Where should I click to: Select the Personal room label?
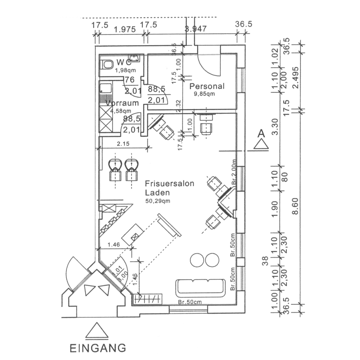[207, 86]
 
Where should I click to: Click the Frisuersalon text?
[169, 184]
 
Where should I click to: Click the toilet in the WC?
[107, 64]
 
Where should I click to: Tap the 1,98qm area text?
[126, 70]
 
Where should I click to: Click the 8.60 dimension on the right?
[296, 206]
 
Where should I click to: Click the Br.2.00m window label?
[235, 172]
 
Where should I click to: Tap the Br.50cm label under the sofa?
[190, 302]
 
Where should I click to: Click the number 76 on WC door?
[129, 80]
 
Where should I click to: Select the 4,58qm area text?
[121, 111]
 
